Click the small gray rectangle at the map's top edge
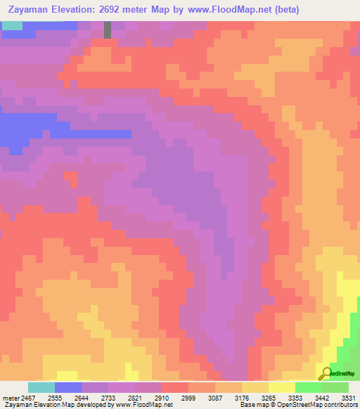(108, 30)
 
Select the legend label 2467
(25, 398)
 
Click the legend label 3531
(347, 398)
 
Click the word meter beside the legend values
(8, 398)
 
